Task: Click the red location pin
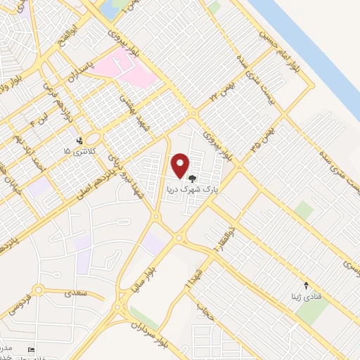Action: (180, 165)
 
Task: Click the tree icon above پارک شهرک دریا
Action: (193, 179)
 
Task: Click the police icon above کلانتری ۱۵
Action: (79, 141)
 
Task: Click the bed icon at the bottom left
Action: (30, 349)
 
